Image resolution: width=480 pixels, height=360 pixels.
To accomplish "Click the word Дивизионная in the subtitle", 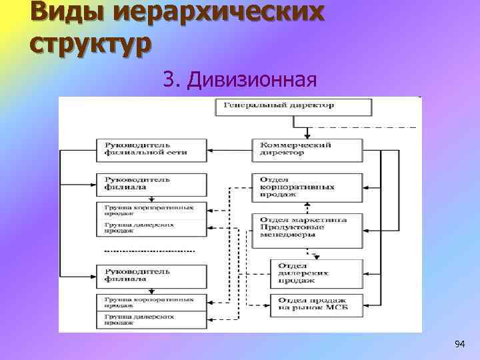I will pyautogui.click(x=251, y=80).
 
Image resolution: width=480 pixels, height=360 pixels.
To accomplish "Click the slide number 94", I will pyautogui.click(x=459, y=344).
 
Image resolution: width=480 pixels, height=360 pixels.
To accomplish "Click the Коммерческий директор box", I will pyautogui.click(x=307, y=148).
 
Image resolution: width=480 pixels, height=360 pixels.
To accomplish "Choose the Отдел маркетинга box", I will pyautogui.click(x=307, y=227).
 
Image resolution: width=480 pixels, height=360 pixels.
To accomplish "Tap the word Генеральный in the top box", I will pyautogui.click(x=254, y=105).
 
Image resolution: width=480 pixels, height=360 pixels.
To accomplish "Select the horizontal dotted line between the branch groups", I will pyautogui.click(x=149, y=251).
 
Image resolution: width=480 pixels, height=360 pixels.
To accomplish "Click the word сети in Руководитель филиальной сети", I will pyautogui.click(x=178, y=152).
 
